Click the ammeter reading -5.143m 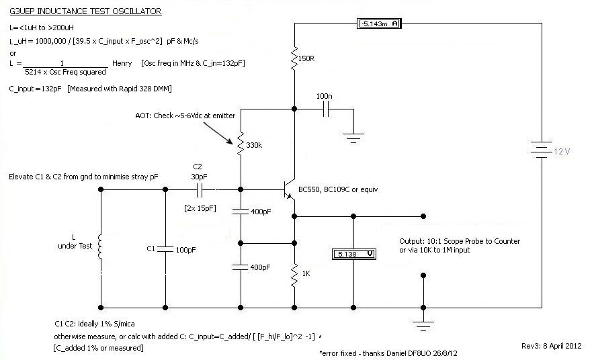380,24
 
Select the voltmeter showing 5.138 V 355,255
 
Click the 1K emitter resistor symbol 294,274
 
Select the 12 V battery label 562,151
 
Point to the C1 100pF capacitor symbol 165,249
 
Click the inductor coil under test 101,246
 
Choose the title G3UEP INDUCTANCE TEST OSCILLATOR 85,11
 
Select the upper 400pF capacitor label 261,212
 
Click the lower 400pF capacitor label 261,267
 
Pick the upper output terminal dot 423,216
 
